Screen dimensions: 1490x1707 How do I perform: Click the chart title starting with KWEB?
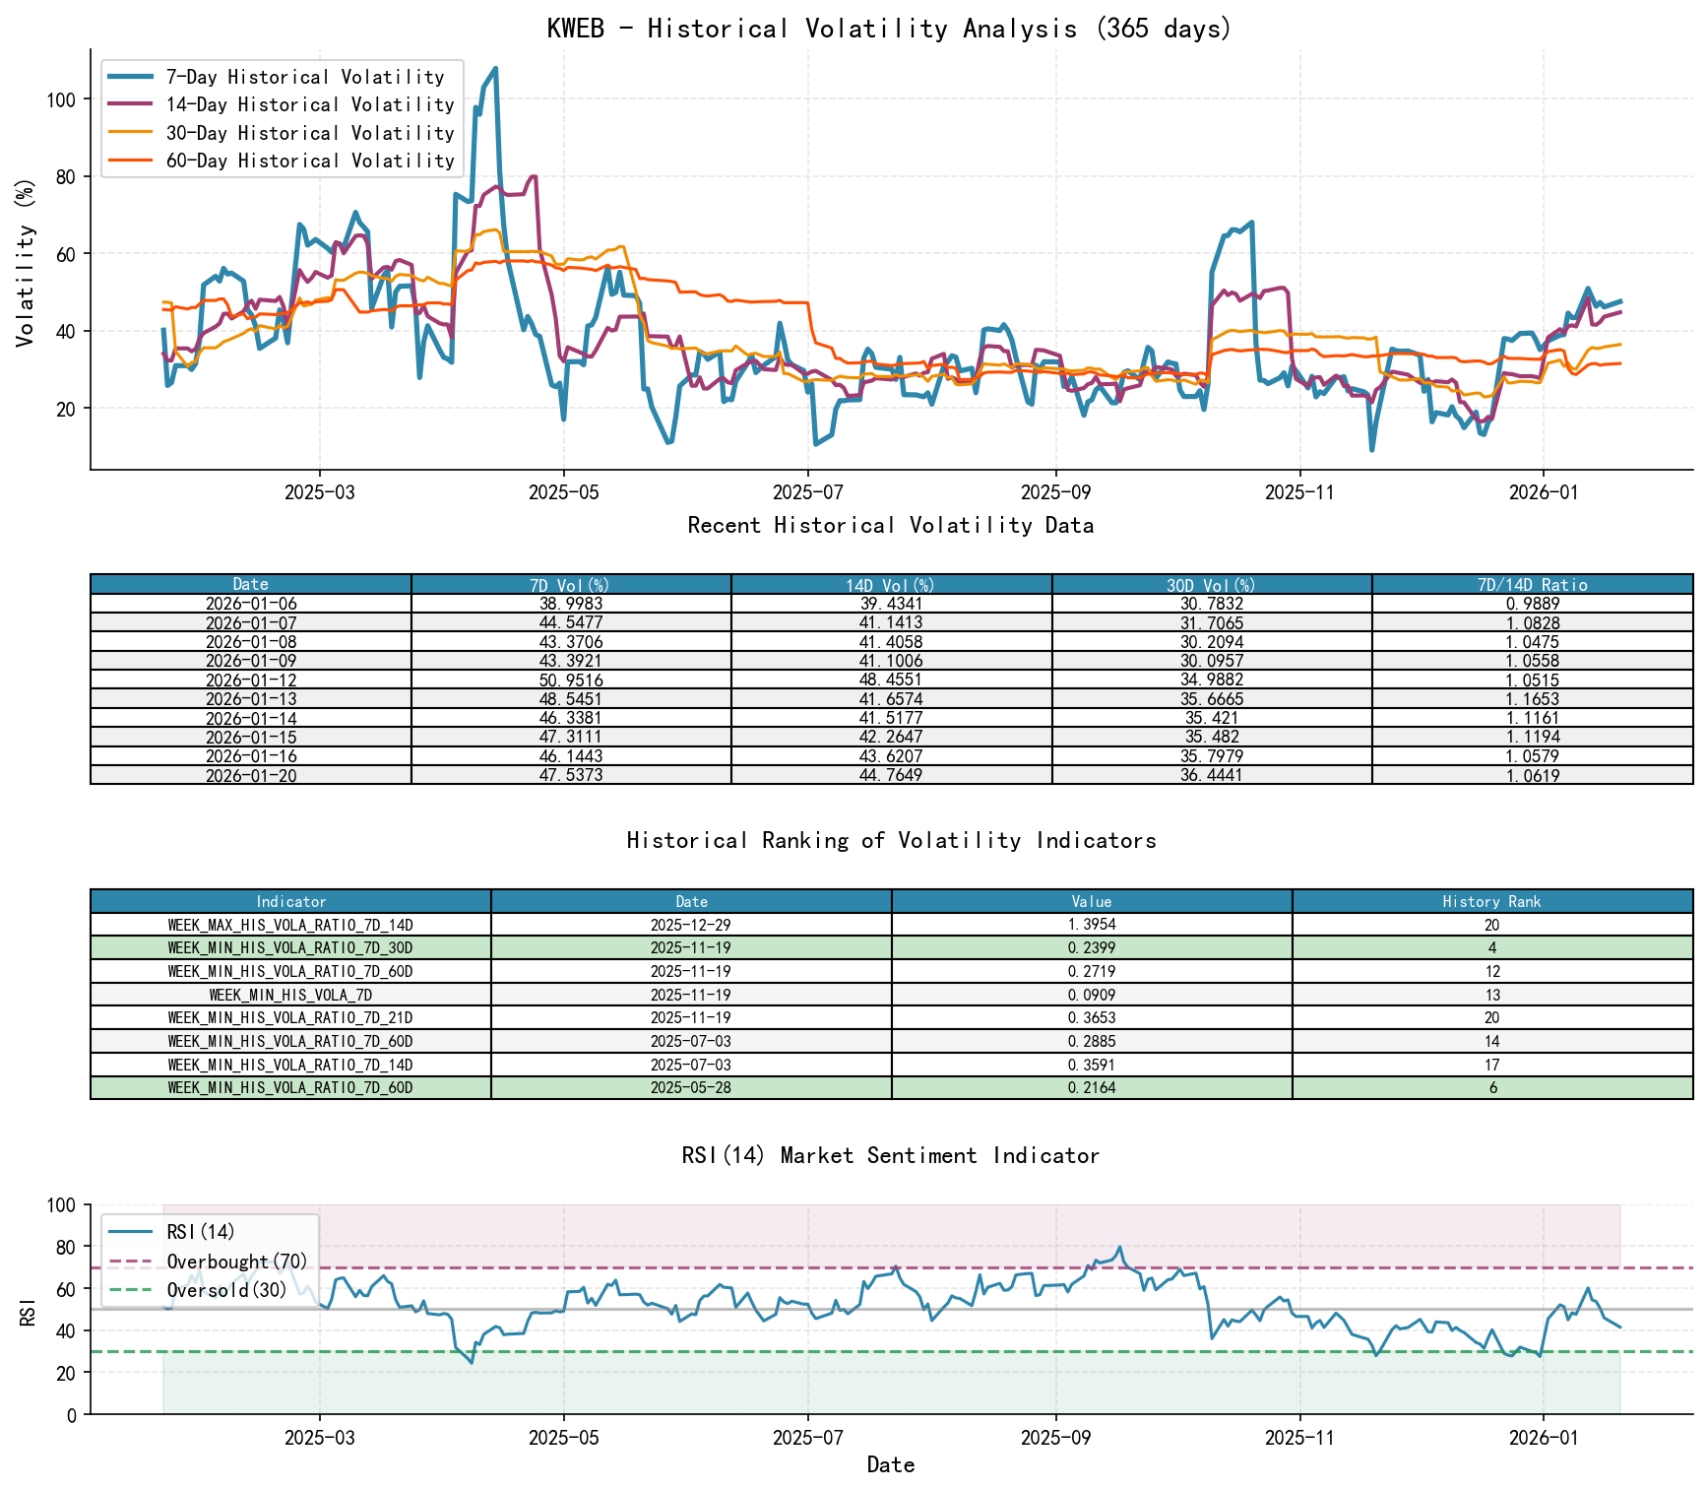pos(890,29)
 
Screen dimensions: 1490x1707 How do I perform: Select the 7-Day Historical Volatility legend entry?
pos(304,77)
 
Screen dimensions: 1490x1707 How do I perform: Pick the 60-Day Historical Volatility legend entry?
pos(310,161)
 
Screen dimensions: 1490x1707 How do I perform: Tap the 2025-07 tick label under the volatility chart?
pos(807,492)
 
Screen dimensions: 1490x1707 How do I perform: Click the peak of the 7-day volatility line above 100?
pos(495,69)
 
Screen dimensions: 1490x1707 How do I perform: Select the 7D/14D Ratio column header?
pos(1532,584)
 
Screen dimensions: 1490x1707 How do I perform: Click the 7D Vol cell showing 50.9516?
pos(571,680)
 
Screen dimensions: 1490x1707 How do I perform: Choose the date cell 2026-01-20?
pos(251,776)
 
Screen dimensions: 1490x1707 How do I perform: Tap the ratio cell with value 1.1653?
pos(1532,699)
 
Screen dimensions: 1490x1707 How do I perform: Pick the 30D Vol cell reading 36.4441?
pos(1212,776)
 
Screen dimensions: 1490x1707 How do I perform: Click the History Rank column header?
pos(1491,901)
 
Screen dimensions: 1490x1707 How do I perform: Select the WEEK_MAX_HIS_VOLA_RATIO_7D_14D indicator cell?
pos(290,925)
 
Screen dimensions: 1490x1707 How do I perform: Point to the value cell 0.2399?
pos(1092,948)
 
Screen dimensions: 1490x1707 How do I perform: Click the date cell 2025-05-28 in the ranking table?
pos(691,1088)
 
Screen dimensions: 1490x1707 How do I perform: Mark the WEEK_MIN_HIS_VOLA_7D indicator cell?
pos(290,995)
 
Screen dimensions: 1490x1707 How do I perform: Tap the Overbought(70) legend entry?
pos(236,1262)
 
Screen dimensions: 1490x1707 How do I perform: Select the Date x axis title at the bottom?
pos(890,1464)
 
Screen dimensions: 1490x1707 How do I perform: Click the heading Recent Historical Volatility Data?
pos(890,526)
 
